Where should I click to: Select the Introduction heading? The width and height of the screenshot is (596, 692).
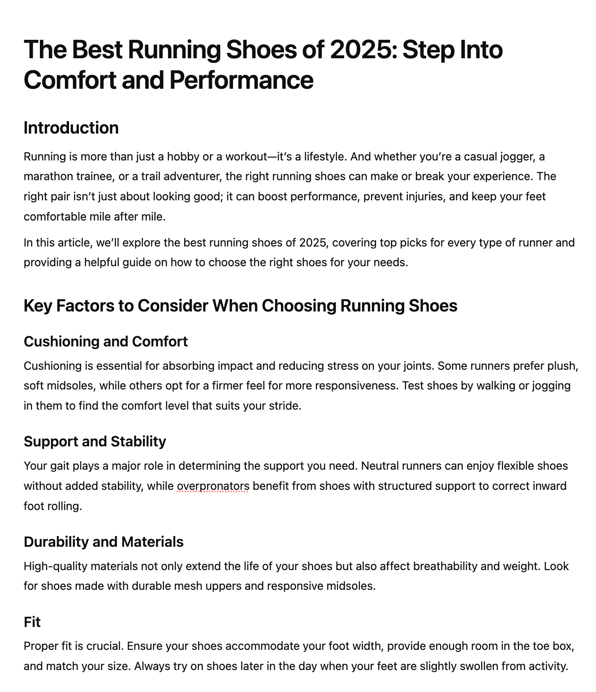pyautogui.click(x=71, y=128)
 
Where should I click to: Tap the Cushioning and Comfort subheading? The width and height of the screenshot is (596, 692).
pyautogui.click(x=105, y=342)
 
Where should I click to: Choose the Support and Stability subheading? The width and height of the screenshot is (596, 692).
pyautogui.click(x=95, y=441)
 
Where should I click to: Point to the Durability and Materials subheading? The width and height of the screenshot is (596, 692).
pyautogui.click(x=104, y=542)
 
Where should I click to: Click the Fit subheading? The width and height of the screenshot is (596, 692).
pyautogui.click(x=32, y=622)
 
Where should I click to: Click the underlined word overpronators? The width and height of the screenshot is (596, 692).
pyautogui.click(x=213, y=486)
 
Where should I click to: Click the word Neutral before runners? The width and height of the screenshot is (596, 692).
pyautogui.click(x=380, y=466)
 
